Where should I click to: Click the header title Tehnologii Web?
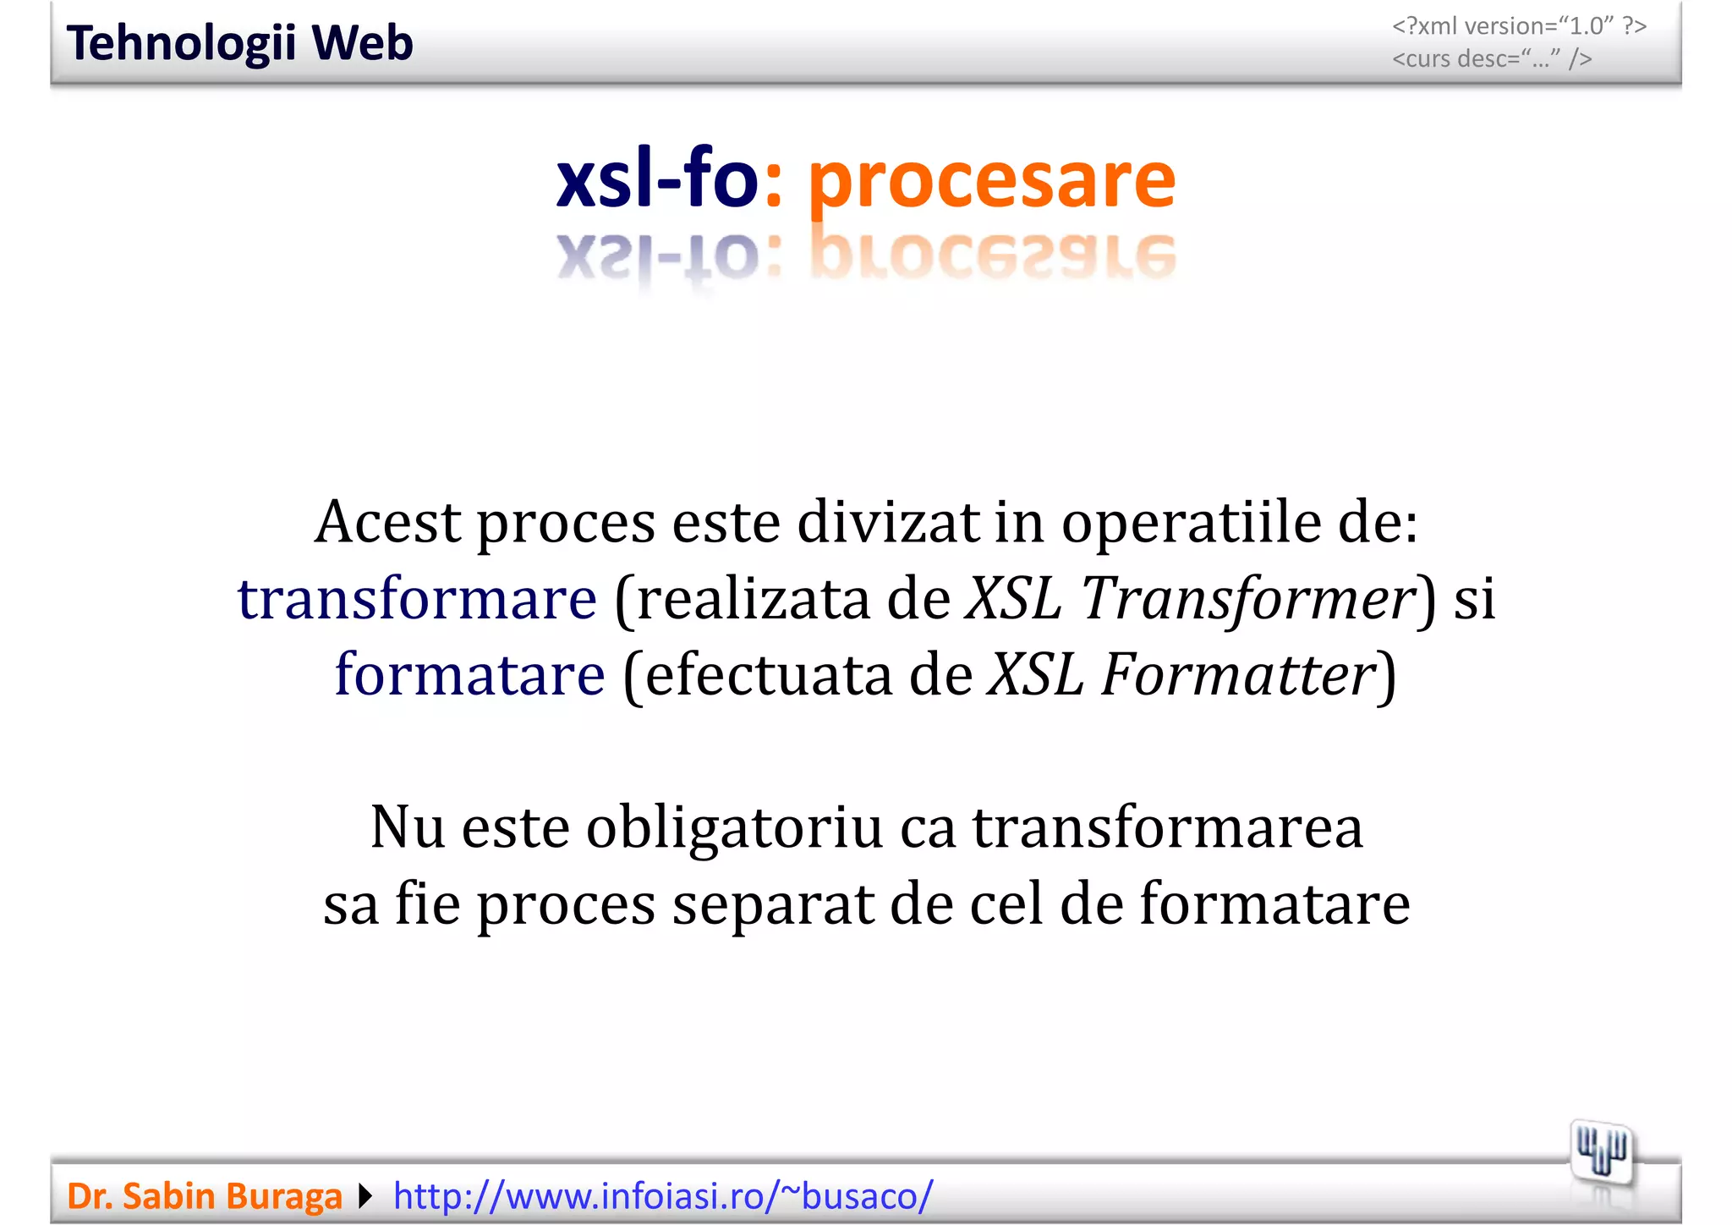(239, 43)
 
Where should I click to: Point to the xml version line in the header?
(1519, 26)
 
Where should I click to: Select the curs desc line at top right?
(1492, 58)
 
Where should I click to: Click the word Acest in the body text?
(388, 522)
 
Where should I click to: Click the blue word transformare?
(417, 598)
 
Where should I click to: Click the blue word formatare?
(470, 674)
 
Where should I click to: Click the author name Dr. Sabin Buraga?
(204, 1196)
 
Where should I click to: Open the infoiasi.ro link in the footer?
(663, 1196)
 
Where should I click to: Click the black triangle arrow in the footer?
(365, 1196)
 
